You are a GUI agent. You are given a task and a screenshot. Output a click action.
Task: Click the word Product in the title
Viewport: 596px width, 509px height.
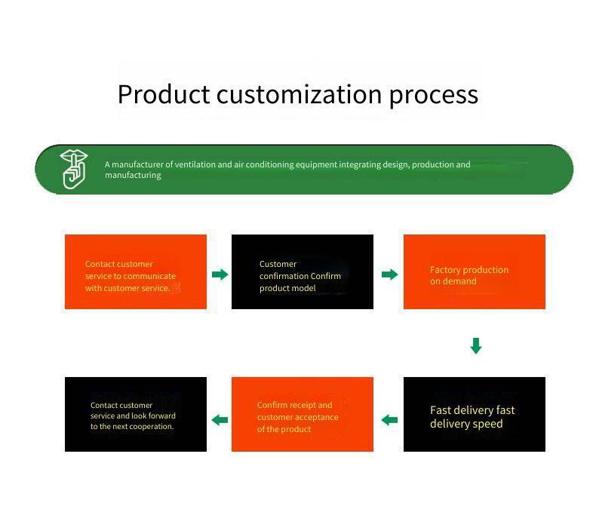pyautogui.click(x=164, y=94)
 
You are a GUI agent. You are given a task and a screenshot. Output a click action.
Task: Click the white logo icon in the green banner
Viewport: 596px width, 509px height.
pyautogui.click(x=73, y=169)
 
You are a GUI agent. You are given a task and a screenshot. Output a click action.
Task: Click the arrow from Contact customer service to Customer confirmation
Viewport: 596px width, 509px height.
pyautogui.click(x=220, y=274)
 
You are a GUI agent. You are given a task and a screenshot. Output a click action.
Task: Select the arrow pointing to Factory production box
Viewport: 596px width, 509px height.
pyautogui.click(x=389, y=274)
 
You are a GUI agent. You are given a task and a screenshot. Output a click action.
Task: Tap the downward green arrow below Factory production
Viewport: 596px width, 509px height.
pyautogui.click(x=475, y=346)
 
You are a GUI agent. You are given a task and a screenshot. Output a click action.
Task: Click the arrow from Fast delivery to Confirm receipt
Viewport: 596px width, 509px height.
pyautogui.click(x=389, y=420)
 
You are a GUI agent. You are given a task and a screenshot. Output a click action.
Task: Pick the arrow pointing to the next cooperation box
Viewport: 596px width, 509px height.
pyautogui.click(x=220, y=420)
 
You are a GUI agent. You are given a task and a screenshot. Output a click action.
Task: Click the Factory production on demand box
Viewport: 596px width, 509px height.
pyautogui.click(x=474, y=271)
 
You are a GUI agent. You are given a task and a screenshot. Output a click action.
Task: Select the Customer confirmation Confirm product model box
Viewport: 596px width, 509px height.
pyautogui.click(x=302, y=271)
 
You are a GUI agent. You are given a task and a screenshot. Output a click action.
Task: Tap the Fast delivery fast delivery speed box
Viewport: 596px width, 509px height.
pyautogui.click(x=474, y=414)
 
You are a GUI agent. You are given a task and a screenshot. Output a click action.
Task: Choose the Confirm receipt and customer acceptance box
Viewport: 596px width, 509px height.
pyautogui.click(x=302, y=414)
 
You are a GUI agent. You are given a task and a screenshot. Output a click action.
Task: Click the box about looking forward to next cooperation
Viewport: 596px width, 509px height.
pyautogui.click(x=135, y=414)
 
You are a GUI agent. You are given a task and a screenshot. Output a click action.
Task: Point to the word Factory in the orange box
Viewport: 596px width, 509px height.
pyautogui.click(x=446, y=270)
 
